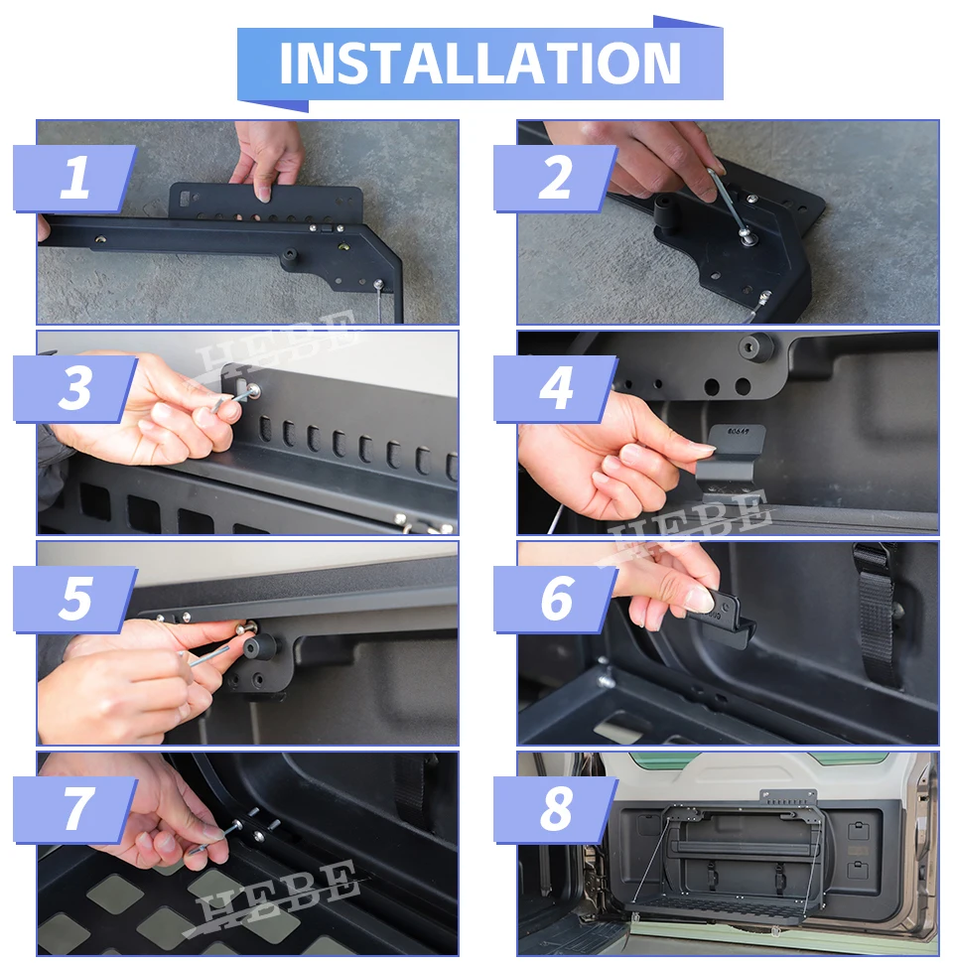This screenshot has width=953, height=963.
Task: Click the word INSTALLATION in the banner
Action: pyautogui.click(x=480, y=64)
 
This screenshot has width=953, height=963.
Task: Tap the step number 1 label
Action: pyautogui.click(x=74, y=178)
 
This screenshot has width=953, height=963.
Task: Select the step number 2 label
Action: pyautogui.click(x=555, y=178)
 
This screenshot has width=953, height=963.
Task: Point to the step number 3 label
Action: pyautogui.click(x=74, y=388)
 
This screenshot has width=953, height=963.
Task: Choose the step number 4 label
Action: pyautogui.click(x=556, y=388)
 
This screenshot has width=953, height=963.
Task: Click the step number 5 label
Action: pyautogui.click(x=75, y=599)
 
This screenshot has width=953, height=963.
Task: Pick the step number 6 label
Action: pyautogui.click(x=556, y=599)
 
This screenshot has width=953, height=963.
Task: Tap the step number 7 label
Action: pyautogui.click(x=76, y=809)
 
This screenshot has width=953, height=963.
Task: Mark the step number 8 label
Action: pyautogui.click(x=556, y=809)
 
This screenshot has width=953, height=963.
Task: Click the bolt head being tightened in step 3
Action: pyautogui.click(x=251, y=390)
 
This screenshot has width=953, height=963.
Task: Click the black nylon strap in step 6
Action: pyautogui.click(x=875, y=615)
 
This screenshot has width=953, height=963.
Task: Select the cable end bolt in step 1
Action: pyautogui.click(x=378, y=284)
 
